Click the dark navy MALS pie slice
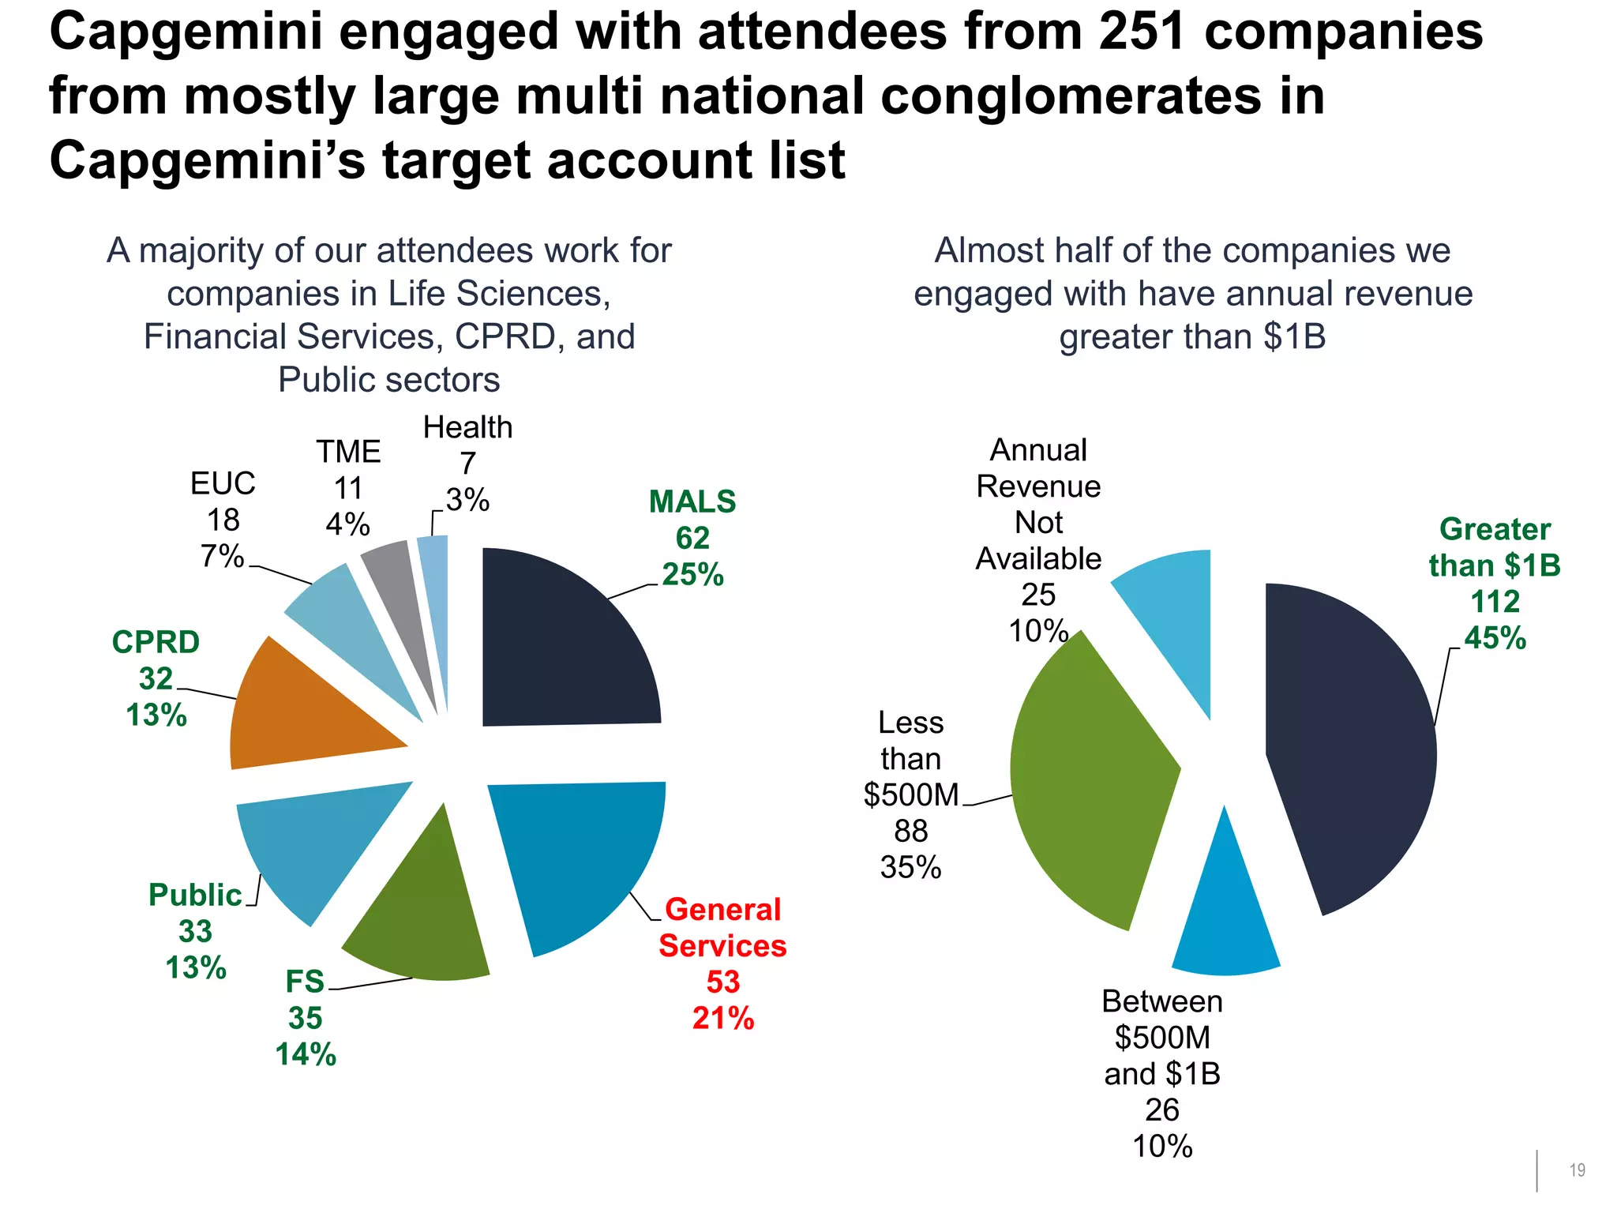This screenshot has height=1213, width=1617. point(565,640)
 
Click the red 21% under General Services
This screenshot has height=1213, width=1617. point(722,1019)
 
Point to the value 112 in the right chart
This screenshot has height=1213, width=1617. point(1495,602)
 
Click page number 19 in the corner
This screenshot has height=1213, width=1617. point(1577,1170)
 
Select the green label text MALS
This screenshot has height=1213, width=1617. point(692,502)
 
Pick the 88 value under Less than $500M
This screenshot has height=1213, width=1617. point(910,831)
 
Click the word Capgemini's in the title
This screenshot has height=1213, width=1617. point(207,161)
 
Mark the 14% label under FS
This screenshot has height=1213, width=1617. point(306,1055)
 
